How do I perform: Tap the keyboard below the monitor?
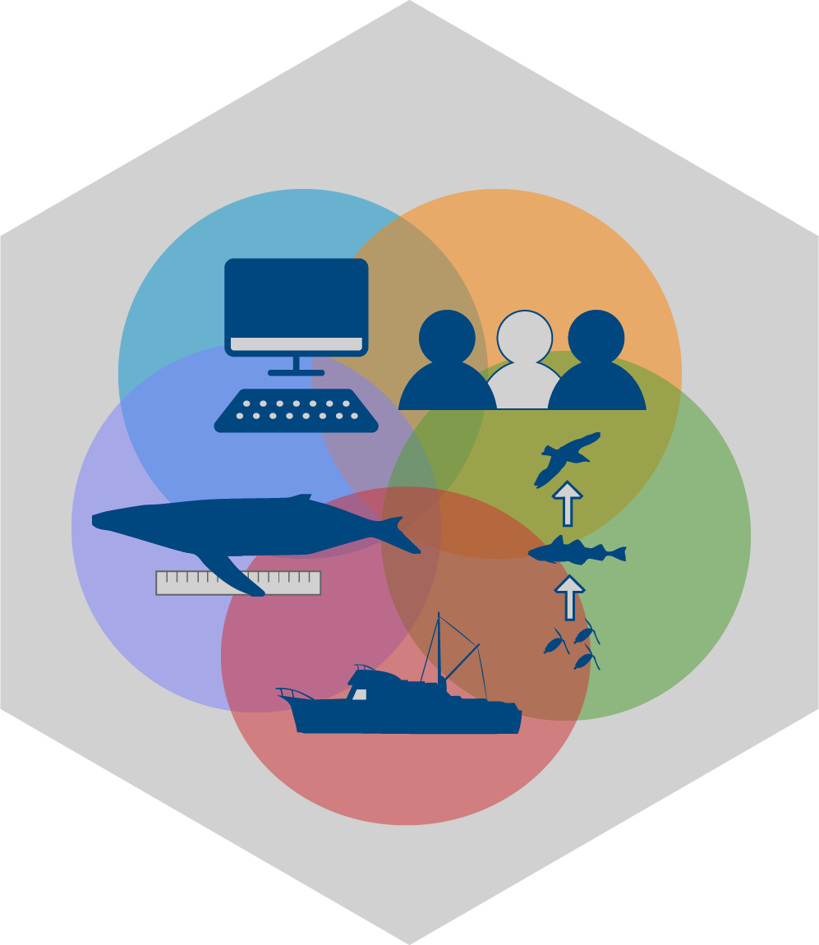(296, 410)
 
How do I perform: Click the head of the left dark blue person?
(447, 338)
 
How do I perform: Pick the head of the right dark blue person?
(596, 338)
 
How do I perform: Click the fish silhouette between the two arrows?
(575, 551)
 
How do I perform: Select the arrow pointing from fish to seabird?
(567, 503)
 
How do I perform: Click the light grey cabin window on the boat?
(360, 694)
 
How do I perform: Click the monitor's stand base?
(296, 372)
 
